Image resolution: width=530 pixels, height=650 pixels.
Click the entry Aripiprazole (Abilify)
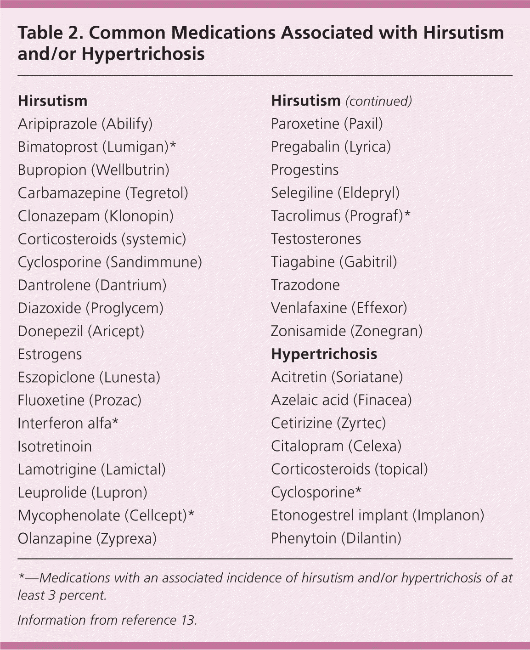point(85,124)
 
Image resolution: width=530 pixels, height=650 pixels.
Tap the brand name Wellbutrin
point(130,170)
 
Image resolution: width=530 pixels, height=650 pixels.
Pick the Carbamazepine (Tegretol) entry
point(103,193)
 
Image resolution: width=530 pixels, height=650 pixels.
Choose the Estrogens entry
point(50,354)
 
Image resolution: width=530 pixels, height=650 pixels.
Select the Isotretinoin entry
point(55,447)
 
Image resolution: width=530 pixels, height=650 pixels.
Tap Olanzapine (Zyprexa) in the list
point(87,538)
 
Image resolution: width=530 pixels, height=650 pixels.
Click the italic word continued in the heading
point(378,101)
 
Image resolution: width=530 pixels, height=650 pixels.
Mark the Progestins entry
point(304,170)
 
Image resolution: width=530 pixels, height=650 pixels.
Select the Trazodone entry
point(305,285)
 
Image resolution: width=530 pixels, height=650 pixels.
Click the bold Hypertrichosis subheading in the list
point(324,354)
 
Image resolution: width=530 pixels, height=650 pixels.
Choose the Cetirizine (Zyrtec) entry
point(328,423)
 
